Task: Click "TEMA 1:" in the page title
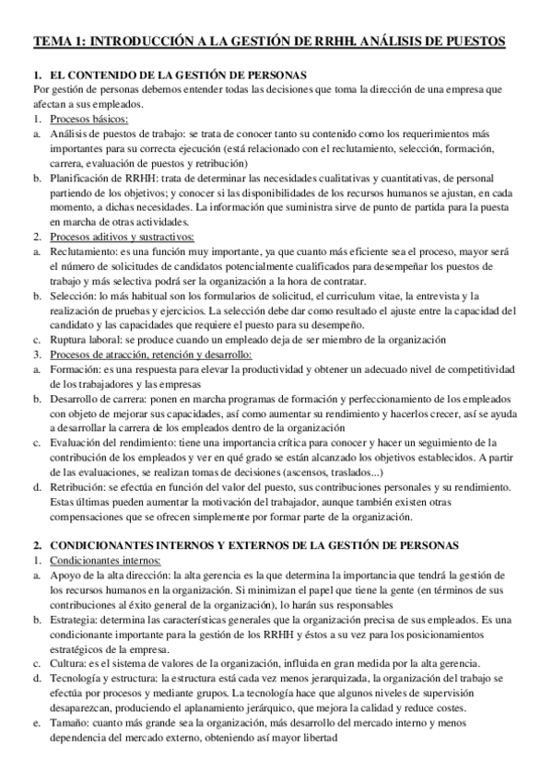[x=62, y=41]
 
